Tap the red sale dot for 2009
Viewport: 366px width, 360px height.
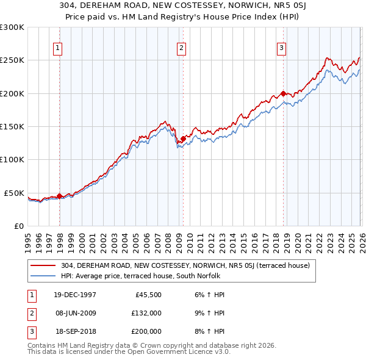click(x=183, y=139)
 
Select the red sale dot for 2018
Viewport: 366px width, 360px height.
click(x=283, y=93)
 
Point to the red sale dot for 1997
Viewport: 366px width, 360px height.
click(x=59, y=196)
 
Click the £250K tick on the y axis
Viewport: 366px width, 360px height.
click(x=12, y=60)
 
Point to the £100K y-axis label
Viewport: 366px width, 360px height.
click(x=12, y=160)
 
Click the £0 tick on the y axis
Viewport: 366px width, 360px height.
click(x=18, y=226)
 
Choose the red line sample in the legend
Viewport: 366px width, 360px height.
click(x=43, y=265)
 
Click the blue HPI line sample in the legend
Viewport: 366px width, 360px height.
click(x=43, y=276)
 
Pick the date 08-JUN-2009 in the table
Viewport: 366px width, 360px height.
click(x=75, y=313)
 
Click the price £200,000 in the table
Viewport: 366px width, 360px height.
click(x=146, y=331)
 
